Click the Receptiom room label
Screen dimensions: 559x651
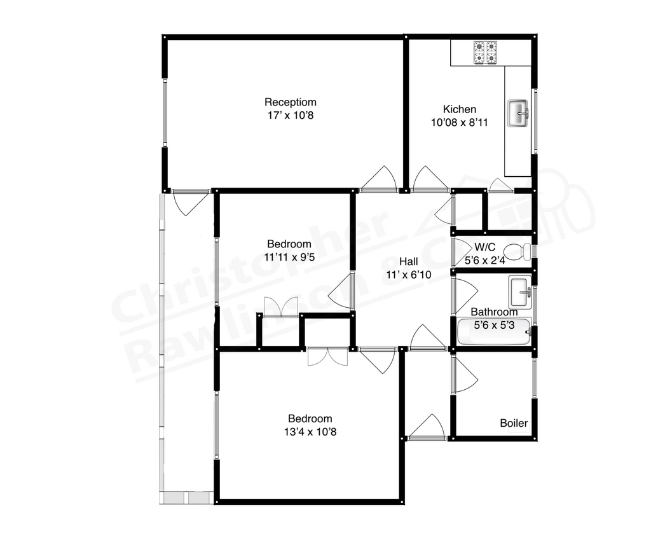coord(291,102)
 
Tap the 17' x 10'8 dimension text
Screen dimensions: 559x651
coord(291,116)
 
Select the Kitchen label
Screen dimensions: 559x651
coord(459,109)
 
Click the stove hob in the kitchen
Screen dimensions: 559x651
coord(485,53)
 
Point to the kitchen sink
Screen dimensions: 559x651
coord(518,113)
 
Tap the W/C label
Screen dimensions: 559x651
coord(484,247)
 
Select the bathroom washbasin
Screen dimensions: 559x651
coord(520,292)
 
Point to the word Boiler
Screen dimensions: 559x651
coord(514,423)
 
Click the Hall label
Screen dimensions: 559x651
coord(408,261)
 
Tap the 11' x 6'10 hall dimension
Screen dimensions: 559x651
coord(408,275)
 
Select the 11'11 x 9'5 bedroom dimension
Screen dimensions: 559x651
coord(289,258)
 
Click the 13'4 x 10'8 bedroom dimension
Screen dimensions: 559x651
coord(310,432)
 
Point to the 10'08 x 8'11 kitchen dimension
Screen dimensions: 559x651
coord(459,123)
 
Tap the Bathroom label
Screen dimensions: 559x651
coord(494,312)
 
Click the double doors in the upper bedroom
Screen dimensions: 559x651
coord(280,307)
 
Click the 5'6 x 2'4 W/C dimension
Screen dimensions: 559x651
coord(484,260)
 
